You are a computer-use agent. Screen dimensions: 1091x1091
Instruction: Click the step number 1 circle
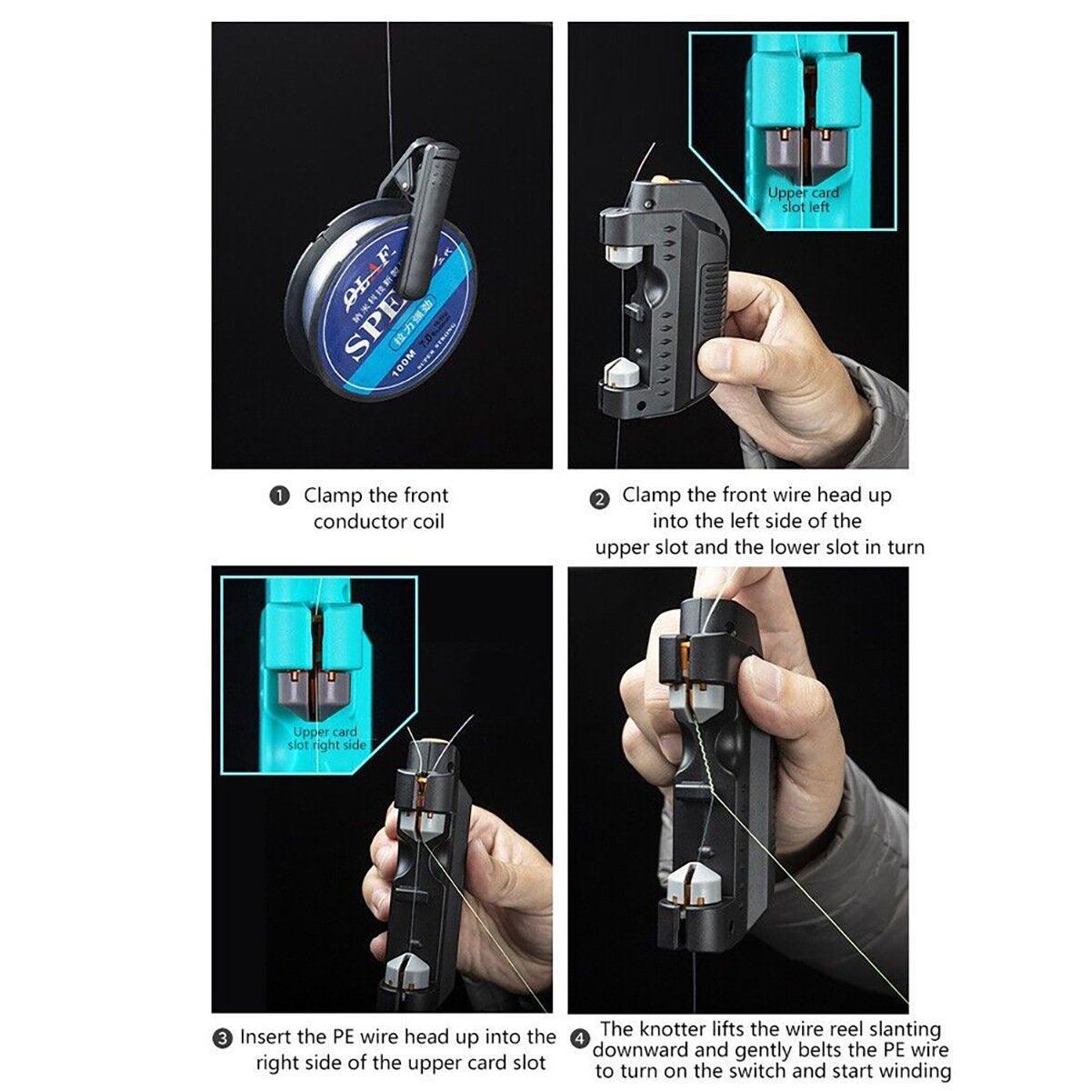280,496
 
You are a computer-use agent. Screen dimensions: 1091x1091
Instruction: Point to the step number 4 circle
579,1038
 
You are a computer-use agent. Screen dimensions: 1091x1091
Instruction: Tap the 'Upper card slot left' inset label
804,200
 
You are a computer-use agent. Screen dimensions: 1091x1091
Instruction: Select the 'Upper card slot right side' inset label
326,738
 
